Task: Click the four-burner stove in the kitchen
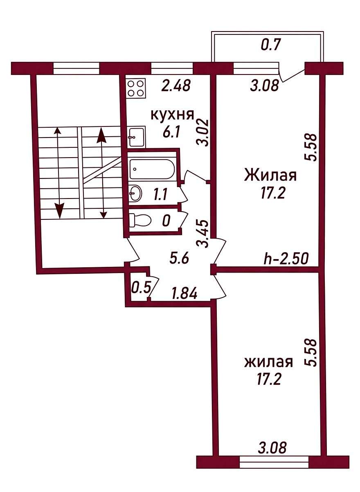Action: tap(136, 89)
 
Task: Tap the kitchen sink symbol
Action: tap(136, 136)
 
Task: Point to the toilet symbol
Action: tap(140, 220)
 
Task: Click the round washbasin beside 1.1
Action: tap(135, 193)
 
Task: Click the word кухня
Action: tap(172, 115)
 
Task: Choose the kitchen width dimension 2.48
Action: tap(175, 86)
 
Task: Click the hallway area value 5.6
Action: tap(180, 260)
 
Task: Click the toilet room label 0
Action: tap(166, 221)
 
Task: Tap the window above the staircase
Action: tap(76, 68)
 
